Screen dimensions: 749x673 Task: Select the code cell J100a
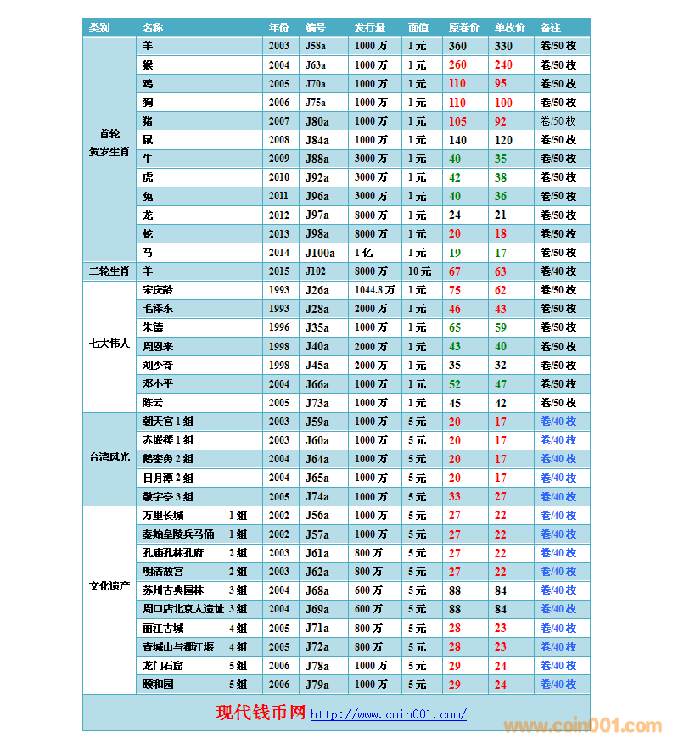pyautogui.click(x=320, y=253)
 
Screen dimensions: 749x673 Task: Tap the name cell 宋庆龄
pyautogui.click(x=157, y=290)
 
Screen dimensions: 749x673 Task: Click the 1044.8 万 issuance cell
pyautogui.click(x=374, y=290)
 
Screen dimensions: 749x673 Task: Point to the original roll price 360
pyautogui.click(x=457, y=47)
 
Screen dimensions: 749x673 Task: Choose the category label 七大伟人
pyautogui.click(x=109, y=346)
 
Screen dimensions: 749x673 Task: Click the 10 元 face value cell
pyautogui.click(x=419, y=271)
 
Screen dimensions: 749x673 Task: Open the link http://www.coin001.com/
pyautogui.click(x=388, y=714)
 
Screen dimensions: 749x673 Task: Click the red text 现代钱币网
pyautogui.click(x=261, y=713)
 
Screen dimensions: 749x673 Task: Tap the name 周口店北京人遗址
pyautogui.click(x=183, y=609)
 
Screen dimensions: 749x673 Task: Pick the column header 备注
pyautogui.click(x=550, y=28)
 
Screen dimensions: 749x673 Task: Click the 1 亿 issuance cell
pyautogui.click(x=362, y=253)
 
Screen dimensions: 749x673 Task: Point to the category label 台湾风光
pyautogui.click(x=109, y=459)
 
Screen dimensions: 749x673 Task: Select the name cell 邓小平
pyautogui.click(x=157, y=384)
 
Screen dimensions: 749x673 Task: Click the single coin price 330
pyautogui.click(x=503, y=47)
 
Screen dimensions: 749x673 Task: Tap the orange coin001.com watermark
pyautogui.click(x=582, y=726)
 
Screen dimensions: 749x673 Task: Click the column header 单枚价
pyautogui.click(x=509, y=28)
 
